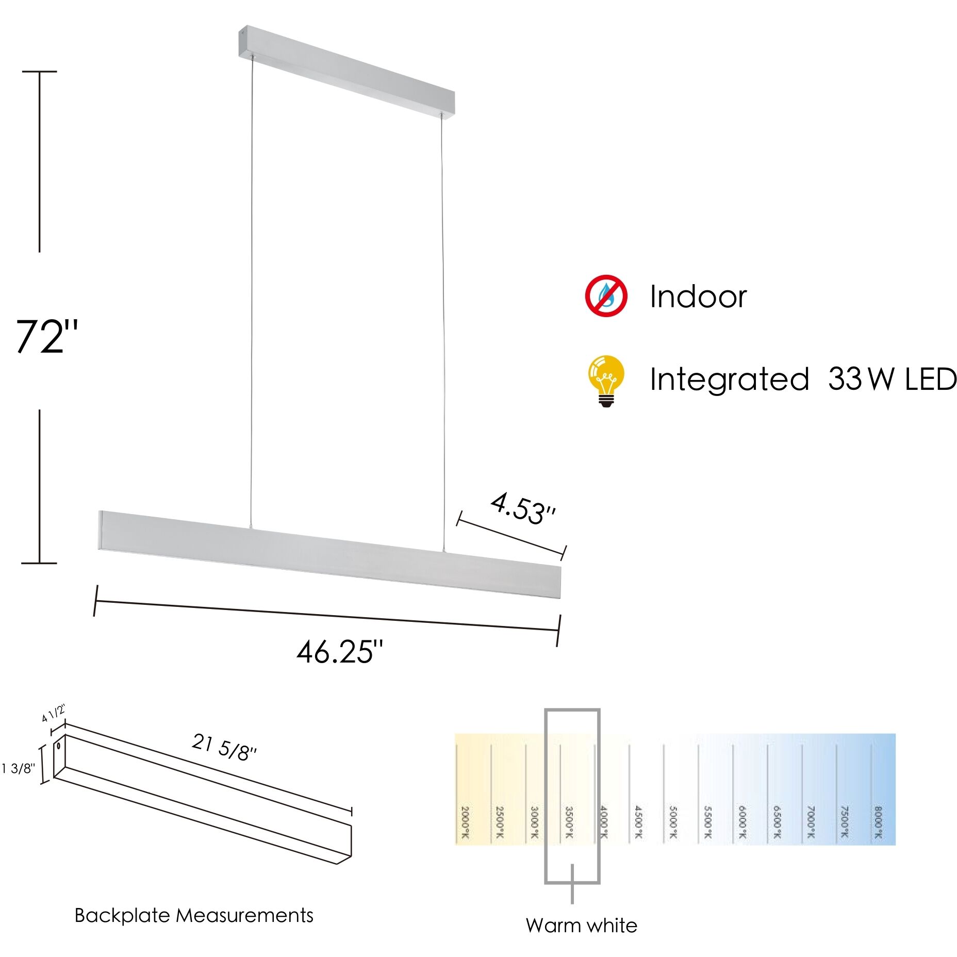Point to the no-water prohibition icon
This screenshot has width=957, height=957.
coord(606,296)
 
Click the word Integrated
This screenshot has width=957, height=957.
coord(729,379)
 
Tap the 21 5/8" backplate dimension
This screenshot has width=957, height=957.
coord(224,747)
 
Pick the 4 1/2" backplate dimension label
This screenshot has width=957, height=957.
coord(54,714)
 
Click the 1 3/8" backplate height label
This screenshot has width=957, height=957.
coord(18,769)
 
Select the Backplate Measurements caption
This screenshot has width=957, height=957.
coord(194,915)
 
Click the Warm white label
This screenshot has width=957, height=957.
coord(581,926)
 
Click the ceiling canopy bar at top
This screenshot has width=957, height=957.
coord(346,71)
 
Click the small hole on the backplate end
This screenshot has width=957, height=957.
coord(59,746)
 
